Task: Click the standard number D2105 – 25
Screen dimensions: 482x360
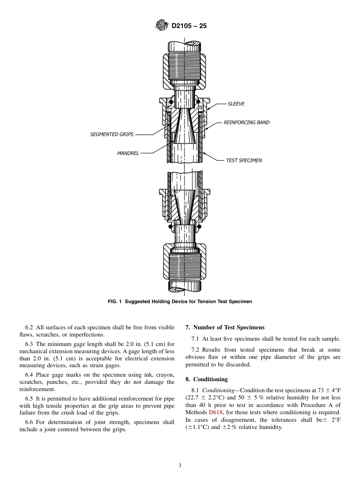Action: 189,26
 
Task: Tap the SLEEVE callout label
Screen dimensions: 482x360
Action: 236,104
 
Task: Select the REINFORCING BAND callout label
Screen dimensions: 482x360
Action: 246,122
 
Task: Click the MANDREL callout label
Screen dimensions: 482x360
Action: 128,153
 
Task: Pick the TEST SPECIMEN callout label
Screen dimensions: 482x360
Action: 244,160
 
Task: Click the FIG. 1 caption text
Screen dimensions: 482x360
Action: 180,302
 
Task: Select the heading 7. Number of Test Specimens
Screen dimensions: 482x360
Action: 225,327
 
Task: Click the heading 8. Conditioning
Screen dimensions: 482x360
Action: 207,379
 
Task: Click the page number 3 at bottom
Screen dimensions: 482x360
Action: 180,465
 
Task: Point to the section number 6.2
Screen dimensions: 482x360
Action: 29,327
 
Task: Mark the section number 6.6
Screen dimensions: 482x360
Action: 29,422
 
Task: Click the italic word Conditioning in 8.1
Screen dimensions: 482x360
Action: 218,390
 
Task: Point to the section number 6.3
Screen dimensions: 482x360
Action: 29,344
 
